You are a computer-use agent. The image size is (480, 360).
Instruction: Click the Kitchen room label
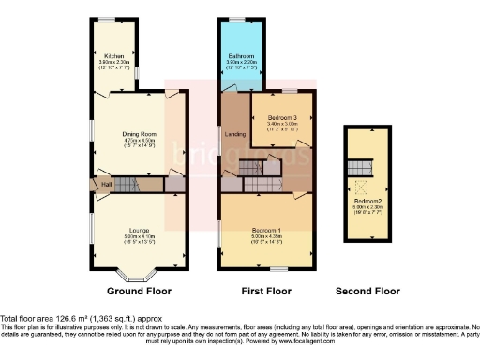click(x=113, y=56)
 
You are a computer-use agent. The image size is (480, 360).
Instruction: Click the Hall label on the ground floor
click(x=107, y=184)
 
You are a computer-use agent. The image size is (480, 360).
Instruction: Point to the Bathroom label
click(x=241, y=56)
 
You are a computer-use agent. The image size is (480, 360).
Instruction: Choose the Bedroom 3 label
click(x=281, y=116)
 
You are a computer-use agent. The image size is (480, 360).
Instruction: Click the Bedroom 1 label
click(x=265, y=230)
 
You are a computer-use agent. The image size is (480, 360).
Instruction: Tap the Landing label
click(x=236, y=135)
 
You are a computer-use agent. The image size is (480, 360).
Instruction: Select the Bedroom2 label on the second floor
click(x=367, y=202)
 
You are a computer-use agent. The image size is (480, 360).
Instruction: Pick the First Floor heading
click(x=266, y=292)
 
